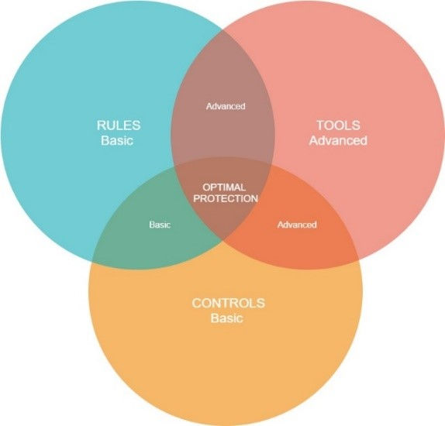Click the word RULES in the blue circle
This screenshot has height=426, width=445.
click(119, 125)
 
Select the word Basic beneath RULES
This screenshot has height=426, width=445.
click(117, 140)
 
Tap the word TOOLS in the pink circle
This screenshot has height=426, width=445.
click(338, 125)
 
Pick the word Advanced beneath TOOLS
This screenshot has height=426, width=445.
click(338, 140)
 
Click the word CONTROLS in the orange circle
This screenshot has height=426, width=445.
click(229, 303)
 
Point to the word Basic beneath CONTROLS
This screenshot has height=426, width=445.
click(226, 318)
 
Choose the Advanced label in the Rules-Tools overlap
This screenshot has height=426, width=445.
click(226, 106)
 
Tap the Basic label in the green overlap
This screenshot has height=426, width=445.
click(160, 225)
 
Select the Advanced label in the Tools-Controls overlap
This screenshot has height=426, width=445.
click(297, 225)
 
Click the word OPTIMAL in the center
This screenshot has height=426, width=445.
click(224, 187)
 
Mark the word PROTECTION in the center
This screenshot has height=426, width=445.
click(226, 198)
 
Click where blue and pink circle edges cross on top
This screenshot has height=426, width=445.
click(222, 29)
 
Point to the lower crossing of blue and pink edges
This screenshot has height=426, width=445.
click(222, 241)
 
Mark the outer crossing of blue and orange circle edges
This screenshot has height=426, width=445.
click(92, 260)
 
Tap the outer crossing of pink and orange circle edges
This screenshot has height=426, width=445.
click(358, 259)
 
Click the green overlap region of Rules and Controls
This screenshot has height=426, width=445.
click(150, 227)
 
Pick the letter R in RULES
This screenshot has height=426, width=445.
click(101, 125)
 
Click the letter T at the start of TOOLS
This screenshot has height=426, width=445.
click(320, 125)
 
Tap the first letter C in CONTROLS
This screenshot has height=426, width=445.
click(197, 303)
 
